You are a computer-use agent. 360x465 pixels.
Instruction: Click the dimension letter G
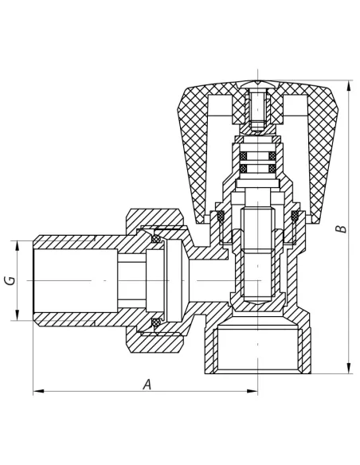[10, 280]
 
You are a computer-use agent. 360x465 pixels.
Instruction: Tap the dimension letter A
[147, 385]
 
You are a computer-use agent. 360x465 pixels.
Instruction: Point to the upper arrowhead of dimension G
[18, 246]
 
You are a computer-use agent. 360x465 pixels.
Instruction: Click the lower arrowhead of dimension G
[18, 315]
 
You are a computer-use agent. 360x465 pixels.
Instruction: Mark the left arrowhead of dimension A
[38, 391]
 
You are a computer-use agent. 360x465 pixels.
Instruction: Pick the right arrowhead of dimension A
[252, 391]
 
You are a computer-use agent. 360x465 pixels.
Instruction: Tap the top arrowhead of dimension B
[349, 86]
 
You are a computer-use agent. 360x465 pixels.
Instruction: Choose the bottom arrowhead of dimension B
[349, 368]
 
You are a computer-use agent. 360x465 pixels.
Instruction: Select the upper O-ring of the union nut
[156, 239]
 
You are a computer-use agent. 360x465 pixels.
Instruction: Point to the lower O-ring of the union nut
[156, 322]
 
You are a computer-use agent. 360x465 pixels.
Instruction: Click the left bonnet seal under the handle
[221, 217]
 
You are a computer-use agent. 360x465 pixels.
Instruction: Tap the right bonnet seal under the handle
[295, 217]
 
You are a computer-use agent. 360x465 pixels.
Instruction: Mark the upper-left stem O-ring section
[243, 156]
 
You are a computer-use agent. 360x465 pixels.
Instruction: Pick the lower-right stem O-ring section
[272, 169]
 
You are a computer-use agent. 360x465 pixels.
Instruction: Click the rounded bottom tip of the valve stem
[257, 300]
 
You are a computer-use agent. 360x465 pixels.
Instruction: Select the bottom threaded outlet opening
[257, 349]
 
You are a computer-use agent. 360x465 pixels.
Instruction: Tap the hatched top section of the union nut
[155, 219]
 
